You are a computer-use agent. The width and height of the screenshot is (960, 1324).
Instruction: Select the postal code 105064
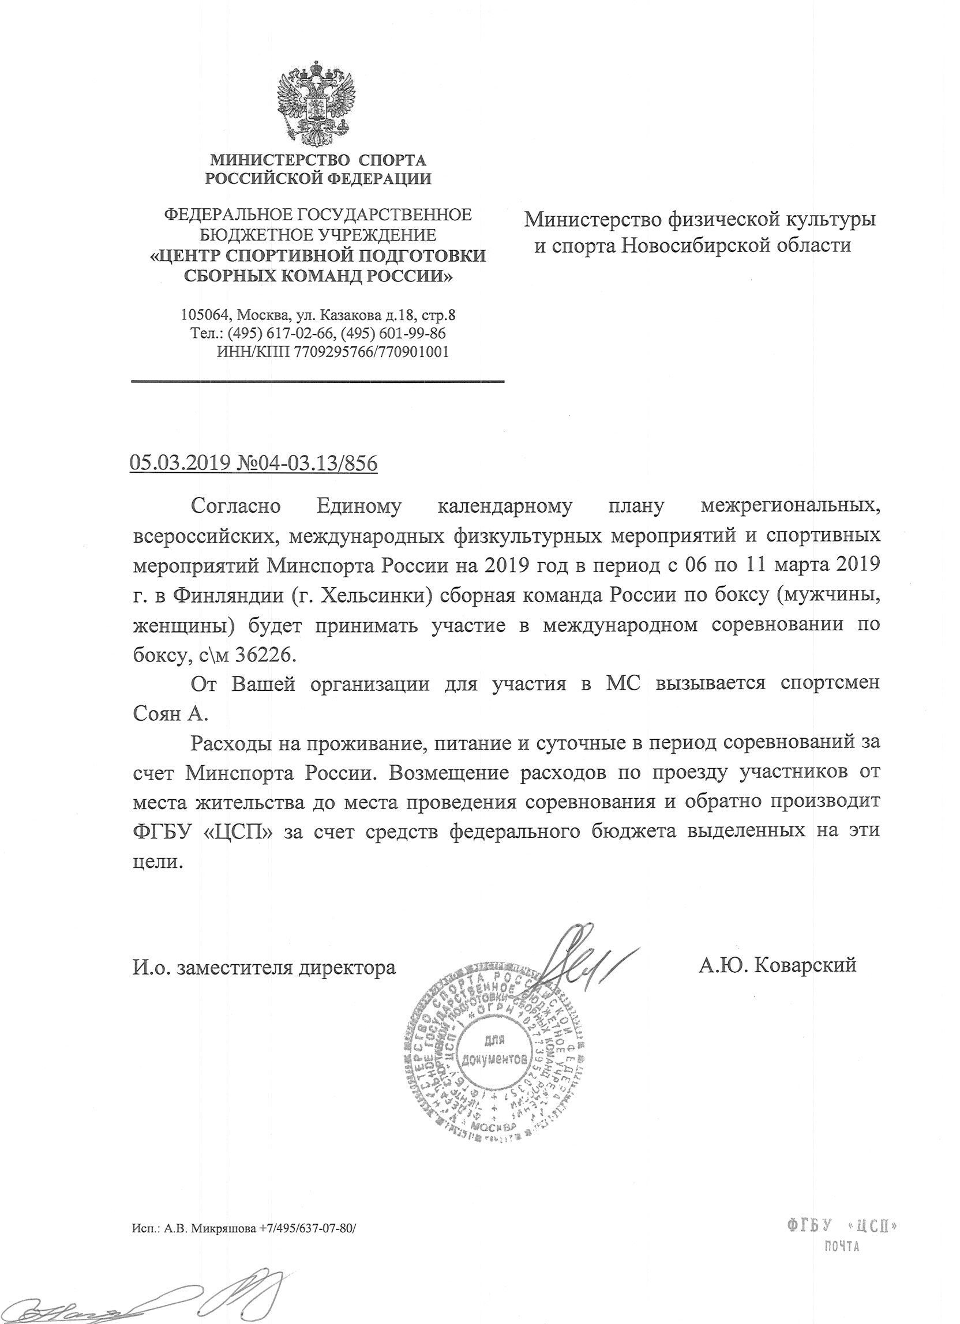pyautogui.click(x=204, y=316)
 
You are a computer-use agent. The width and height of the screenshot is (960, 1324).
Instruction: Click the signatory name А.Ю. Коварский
pyautogui.click(x=777, y=965)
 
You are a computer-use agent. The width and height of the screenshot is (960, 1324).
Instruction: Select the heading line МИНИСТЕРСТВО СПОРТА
pyautogui.click(x=318, y=159)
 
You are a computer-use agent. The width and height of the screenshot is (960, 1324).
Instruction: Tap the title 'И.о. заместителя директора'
pyautogui.click(x=263, y=967)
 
